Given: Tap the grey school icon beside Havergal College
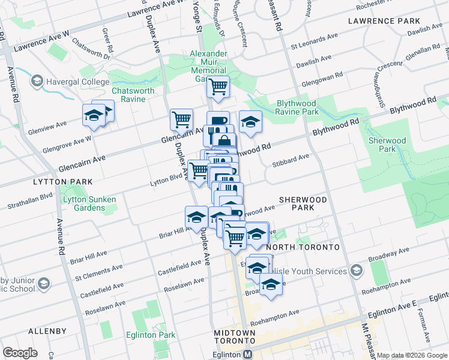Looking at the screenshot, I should pyautogui.click(x=37, y=80).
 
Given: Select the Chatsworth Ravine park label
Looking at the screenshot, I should pyautogui.click(x=133, y=95).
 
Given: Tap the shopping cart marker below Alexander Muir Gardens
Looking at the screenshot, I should pyautogui.click(x=218, y=87).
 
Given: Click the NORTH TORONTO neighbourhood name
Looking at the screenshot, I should pyautogui.click(x=303, y=247).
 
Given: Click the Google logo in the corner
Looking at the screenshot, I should pyautogui.click(x=20, y=353).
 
